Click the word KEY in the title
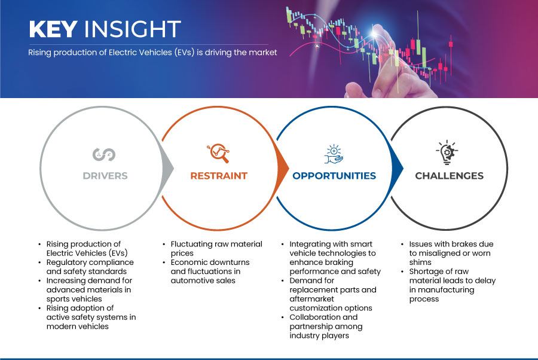[53, 29]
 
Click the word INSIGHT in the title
[133, 29]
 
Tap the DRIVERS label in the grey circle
[105, 176]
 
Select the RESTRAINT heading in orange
[219, 176]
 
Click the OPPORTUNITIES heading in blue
[334, 176]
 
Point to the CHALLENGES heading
[449, 176]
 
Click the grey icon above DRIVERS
[104, 154]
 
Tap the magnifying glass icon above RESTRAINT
[218, 153]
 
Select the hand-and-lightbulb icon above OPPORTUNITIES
[334, 154]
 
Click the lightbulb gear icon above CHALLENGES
[447, 152]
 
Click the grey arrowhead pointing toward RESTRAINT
[168, 168]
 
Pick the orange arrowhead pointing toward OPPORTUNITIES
[283, 168]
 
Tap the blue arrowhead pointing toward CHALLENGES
[398, 168]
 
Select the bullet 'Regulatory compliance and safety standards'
[90, 267]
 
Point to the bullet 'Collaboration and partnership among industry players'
[326, 327]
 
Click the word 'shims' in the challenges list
[420, 263]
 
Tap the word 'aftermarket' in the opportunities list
[311, 299]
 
